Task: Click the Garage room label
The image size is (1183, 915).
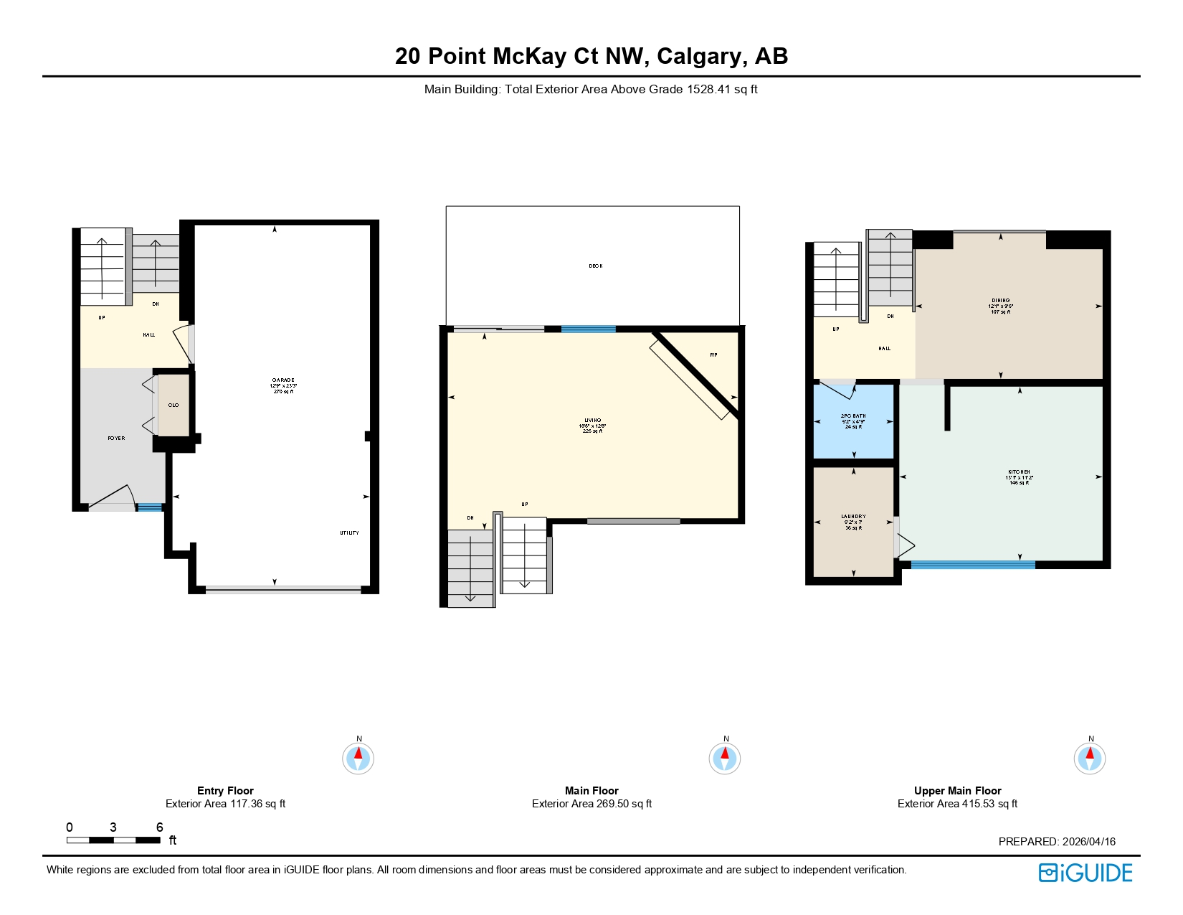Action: pos(284,380)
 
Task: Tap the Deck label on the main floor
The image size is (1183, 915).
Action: pos(595,266)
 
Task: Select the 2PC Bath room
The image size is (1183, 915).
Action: pos(853,421)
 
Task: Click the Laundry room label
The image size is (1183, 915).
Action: pos(853,517)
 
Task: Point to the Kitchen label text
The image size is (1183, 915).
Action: pos(1019,472)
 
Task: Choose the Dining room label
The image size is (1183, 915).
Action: pos(1001,301)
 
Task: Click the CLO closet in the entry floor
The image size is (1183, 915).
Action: pos(174,405)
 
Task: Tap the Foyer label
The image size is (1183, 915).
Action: pos(116,438)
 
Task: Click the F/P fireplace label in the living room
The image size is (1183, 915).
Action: pos(713,355)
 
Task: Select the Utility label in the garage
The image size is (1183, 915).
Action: pos(349,533)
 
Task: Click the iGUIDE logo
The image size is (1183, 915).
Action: pos(1085,873)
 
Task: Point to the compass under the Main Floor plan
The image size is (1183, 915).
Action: pos(724,759)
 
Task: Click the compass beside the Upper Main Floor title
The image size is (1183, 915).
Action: pos(1089,759)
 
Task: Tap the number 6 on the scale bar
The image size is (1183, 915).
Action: pos(159,827)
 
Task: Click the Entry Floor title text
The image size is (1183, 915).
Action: pos(225,791)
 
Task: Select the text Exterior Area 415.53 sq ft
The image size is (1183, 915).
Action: pos(957,804)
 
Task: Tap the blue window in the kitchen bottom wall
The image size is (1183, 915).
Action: pos(972,565)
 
